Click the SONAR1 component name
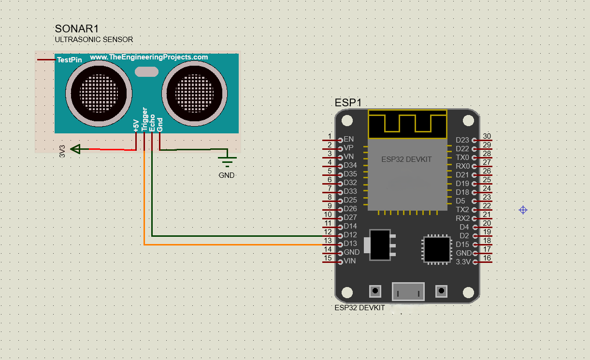click(80, 29)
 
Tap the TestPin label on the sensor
click(69, 60)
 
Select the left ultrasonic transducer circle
click(99, 93)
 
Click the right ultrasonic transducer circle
click(194, 93)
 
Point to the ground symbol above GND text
click(227, 161)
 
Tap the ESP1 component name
click(348, 102)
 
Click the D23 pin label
click(462, 140)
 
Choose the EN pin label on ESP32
click(348, 140)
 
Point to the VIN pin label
click(349, 261)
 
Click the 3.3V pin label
click(462, 262)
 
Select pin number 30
click(487, 136)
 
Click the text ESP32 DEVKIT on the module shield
click(406, 159)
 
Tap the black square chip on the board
click(437, 249)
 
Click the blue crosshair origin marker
click(523, 210)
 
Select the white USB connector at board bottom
click(408, 291)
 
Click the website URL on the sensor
click(149, 57)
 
